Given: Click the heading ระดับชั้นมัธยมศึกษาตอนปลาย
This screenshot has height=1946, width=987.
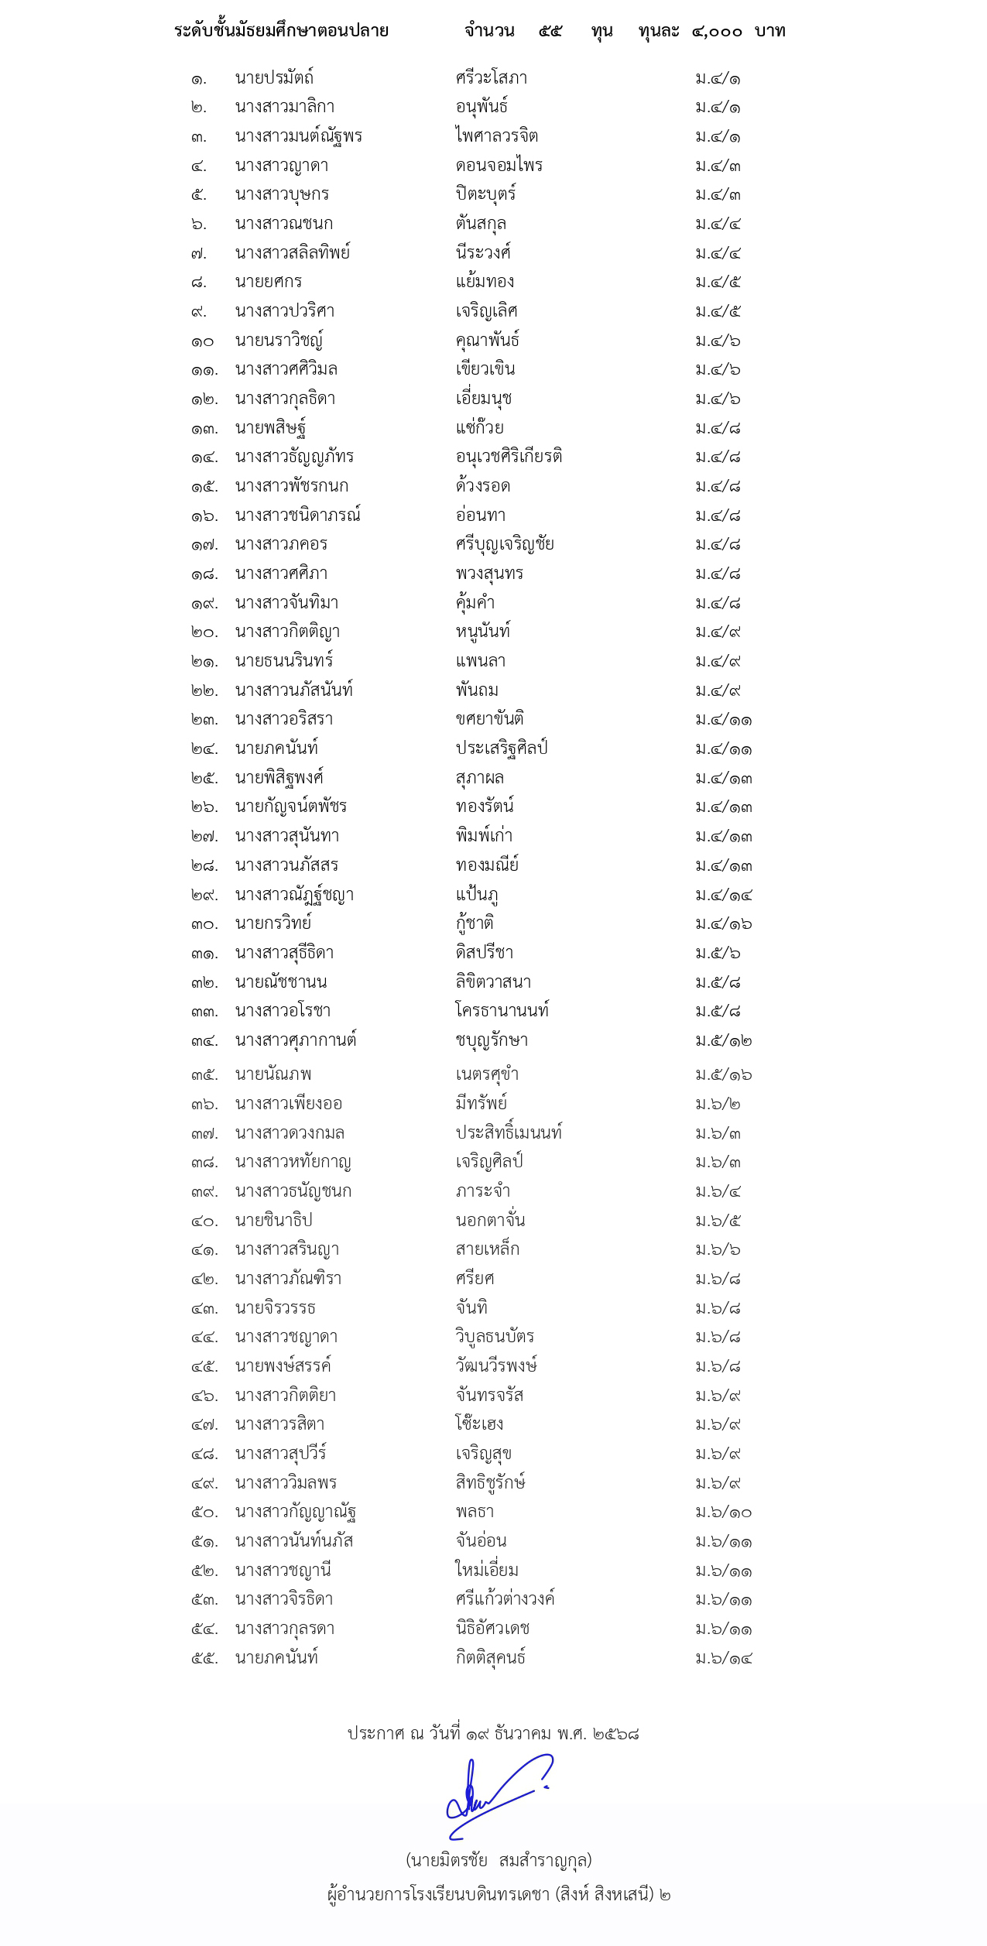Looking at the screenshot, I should (281, 31).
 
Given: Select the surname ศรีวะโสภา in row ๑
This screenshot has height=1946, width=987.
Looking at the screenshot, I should (492, 78).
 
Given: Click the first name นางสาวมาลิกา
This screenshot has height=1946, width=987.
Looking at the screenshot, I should (285, 107).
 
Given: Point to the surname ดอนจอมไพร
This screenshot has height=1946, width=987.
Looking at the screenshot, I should (499, 166).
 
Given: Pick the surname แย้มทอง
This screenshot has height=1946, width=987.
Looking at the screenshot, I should (485, 282).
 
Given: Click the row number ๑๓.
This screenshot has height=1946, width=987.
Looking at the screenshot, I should (204, 428).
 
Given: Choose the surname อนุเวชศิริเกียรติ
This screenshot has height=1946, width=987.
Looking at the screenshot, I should (509, 457).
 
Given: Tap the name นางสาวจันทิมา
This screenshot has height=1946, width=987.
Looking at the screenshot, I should (286, 603).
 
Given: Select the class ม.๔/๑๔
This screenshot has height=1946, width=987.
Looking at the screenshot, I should (724, 895).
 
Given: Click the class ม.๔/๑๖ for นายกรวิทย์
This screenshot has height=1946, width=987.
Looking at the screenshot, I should (724, 923).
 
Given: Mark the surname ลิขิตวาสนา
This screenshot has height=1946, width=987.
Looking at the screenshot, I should (493, 982).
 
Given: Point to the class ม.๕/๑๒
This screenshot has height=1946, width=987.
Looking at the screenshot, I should (724, 1040).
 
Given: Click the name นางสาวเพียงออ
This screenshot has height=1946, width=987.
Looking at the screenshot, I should (289, 1104).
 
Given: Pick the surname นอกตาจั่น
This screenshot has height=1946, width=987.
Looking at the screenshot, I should (490, 1221).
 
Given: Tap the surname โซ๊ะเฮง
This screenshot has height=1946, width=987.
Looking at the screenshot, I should (479, 1424).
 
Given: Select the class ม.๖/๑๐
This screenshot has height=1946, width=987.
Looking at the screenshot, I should (724, 1512).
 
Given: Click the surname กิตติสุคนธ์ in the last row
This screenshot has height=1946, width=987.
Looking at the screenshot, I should (491, 1657).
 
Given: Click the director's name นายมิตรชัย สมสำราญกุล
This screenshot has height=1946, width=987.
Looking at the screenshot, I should (499, 1860).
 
